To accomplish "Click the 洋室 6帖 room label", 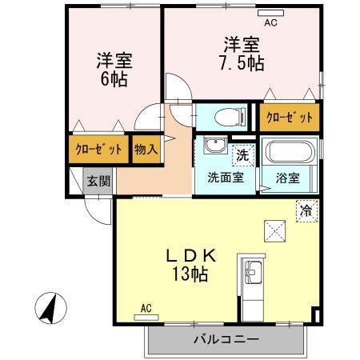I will pyautogui.click(x=114, y=70).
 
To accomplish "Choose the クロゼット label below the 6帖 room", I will pyautogui.click(x=99, y=150).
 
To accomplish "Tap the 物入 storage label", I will pyautogui.click(x=145, y=150).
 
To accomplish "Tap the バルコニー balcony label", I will pyautogui.click(x=226, y=339).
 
